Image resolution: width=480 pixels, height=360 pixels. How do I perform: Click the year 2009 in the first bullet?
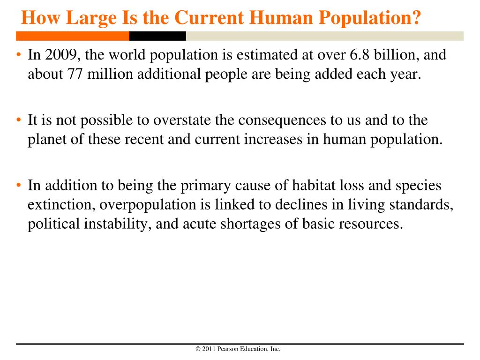point(60,55)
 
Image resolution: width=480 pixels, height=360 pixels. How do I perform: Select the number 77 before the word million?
point(75,74)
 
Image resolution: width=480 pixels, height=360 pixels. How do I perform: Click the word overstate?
point(182,120)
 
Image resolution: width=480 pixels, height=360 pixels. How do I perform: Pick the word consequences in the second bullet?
point(282,120)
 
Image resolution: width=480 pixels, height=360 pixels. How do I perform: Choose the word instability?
point(118,224)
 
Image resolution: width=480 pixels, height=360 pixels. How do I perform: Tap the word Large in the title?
point(91,18)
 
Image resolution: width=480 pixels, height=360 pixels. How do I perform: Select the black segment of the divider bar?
point(157,36)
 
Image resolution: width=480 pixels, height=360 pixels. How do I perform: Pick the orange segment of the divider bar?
point(73,36)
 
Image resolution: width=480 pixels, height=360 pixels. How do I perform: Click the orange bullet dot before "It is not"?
point(19,120)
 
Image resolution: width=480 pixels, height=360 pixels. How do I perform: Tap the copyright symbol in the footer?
point(198,349)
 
